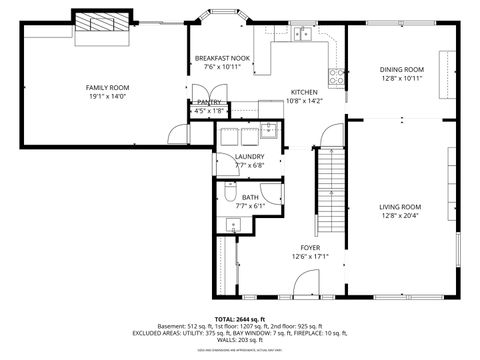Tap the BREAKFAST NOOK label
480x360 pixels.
click(222, 58)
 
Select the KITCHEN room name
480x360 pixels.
click(304, 91)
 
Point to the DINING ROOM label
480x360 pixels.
click(401, 69)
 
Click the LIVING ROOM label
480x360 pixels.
click(400, 207)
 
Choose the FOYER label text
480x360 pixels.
click(310, 246)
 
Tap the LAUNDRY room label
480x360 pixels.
click(249, 157)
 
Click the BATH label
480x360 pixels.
click(249, 197)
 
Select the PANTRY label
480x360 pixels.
click(209, 102)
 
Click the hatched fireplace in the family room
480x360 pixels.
click(101, 22)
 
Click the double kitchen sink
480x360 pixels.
click(303, 35)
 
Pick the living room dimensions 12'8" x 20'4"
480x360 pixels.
click(400, 216)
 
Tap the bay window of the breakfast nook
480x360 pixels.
click(222, 17)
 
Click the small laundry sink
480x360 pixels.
click(268, 128)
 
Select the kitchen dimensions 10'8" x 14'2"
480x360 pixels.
click(304, 100)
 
